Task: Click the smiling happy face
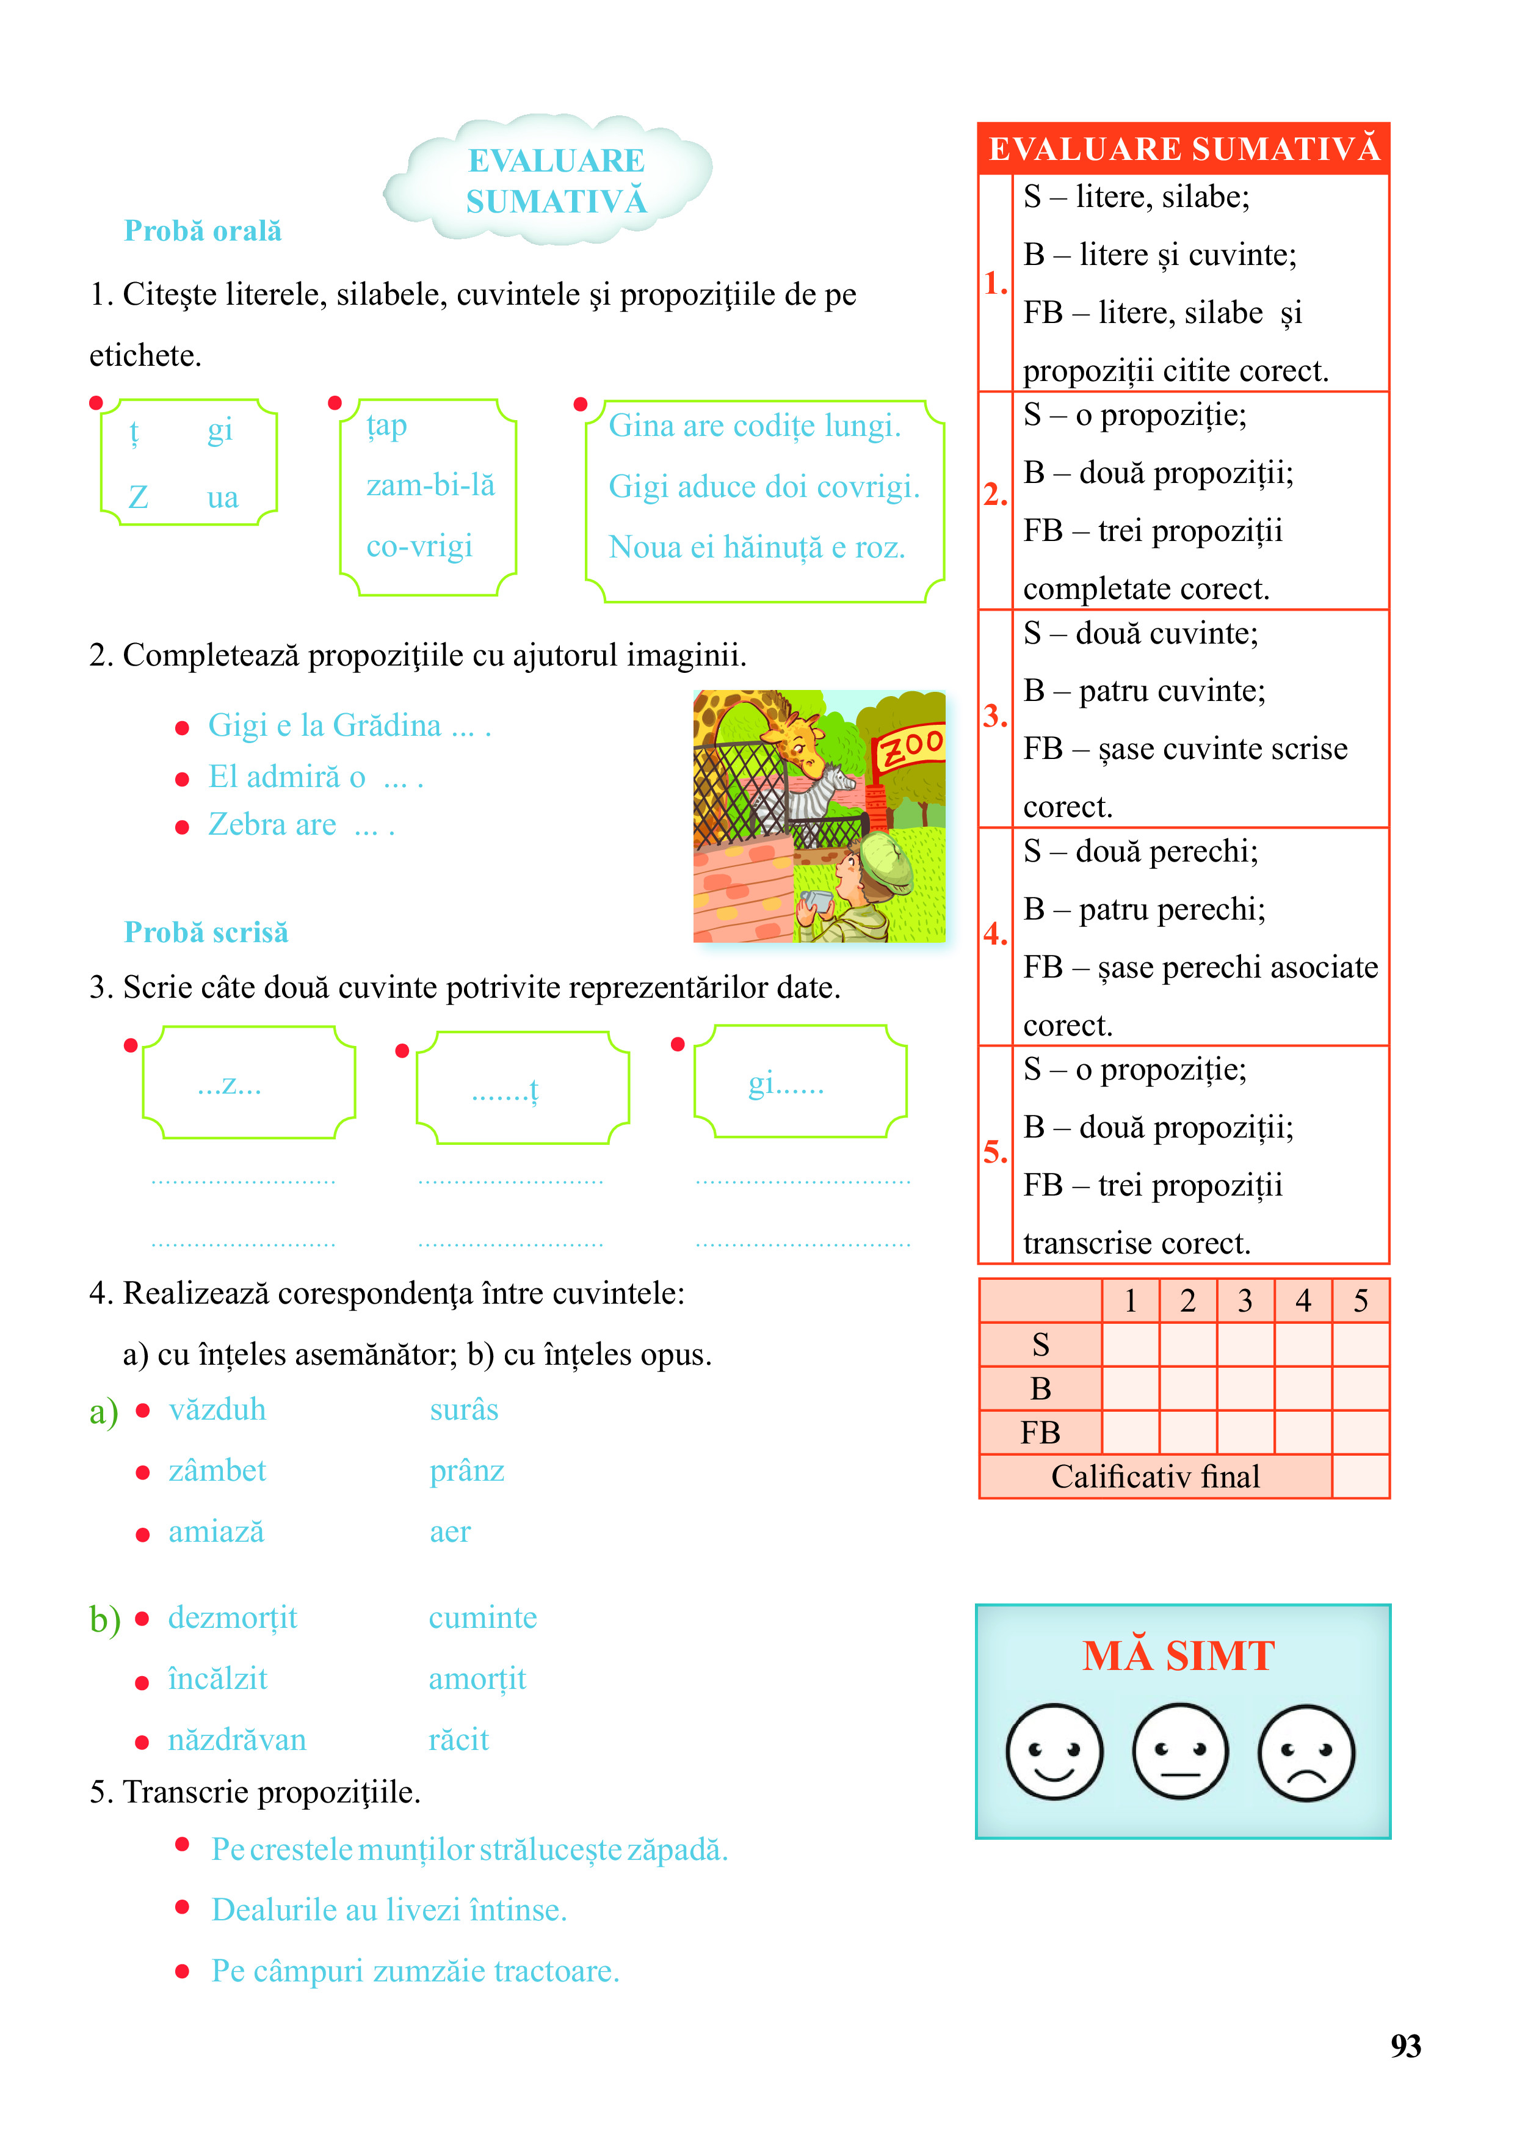tap(1054, 1752)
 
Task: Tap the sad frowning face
tap(1306, 1752)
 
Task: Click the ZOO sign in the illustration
tap(910, 746)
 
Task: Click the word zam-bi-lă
tap(430, 485)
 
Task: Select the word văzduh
tap(217, 1410)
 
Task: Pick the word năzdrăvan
tap(237, 1740)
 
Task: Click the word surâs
tap(463, 1410)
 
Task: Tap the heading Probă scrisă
tap(206, 932)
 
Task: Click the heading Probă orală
tap(203, 230)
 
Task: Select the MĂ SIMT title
tap(1178, 1656)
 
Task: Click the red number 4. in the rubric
tap(995, 934)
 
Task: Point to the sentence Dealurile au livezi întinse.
tap(389, 1910)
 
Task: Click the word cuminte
tap(482, 1617)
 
